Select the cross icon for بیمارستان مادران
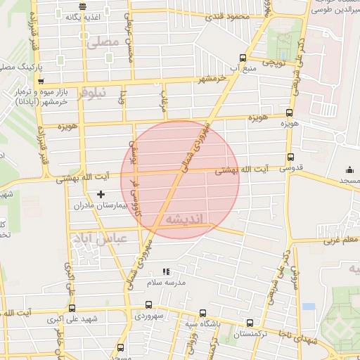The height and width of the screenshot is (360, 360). pyautogui.click(x=101, y=193)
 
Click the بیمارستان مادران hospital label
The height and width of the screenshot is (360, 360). pyautogui.click(x=104, y=207)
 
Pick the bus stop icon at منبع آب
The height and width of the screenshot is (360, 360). pyautogui.click(x=242, y=58)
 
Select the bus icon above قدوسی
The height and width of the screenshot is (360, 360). pyautogui.click(x=290, y=157)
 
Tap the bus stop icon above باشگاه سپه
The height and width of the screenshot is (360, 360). pyautogui.click(x=203, y=313)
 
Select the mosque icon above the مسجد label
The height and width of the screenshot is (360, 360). pyautogui.click(x=349, y=169)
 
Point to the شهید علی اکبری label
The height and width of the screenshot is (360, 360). pyautogui.click(x=72, y=320)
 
